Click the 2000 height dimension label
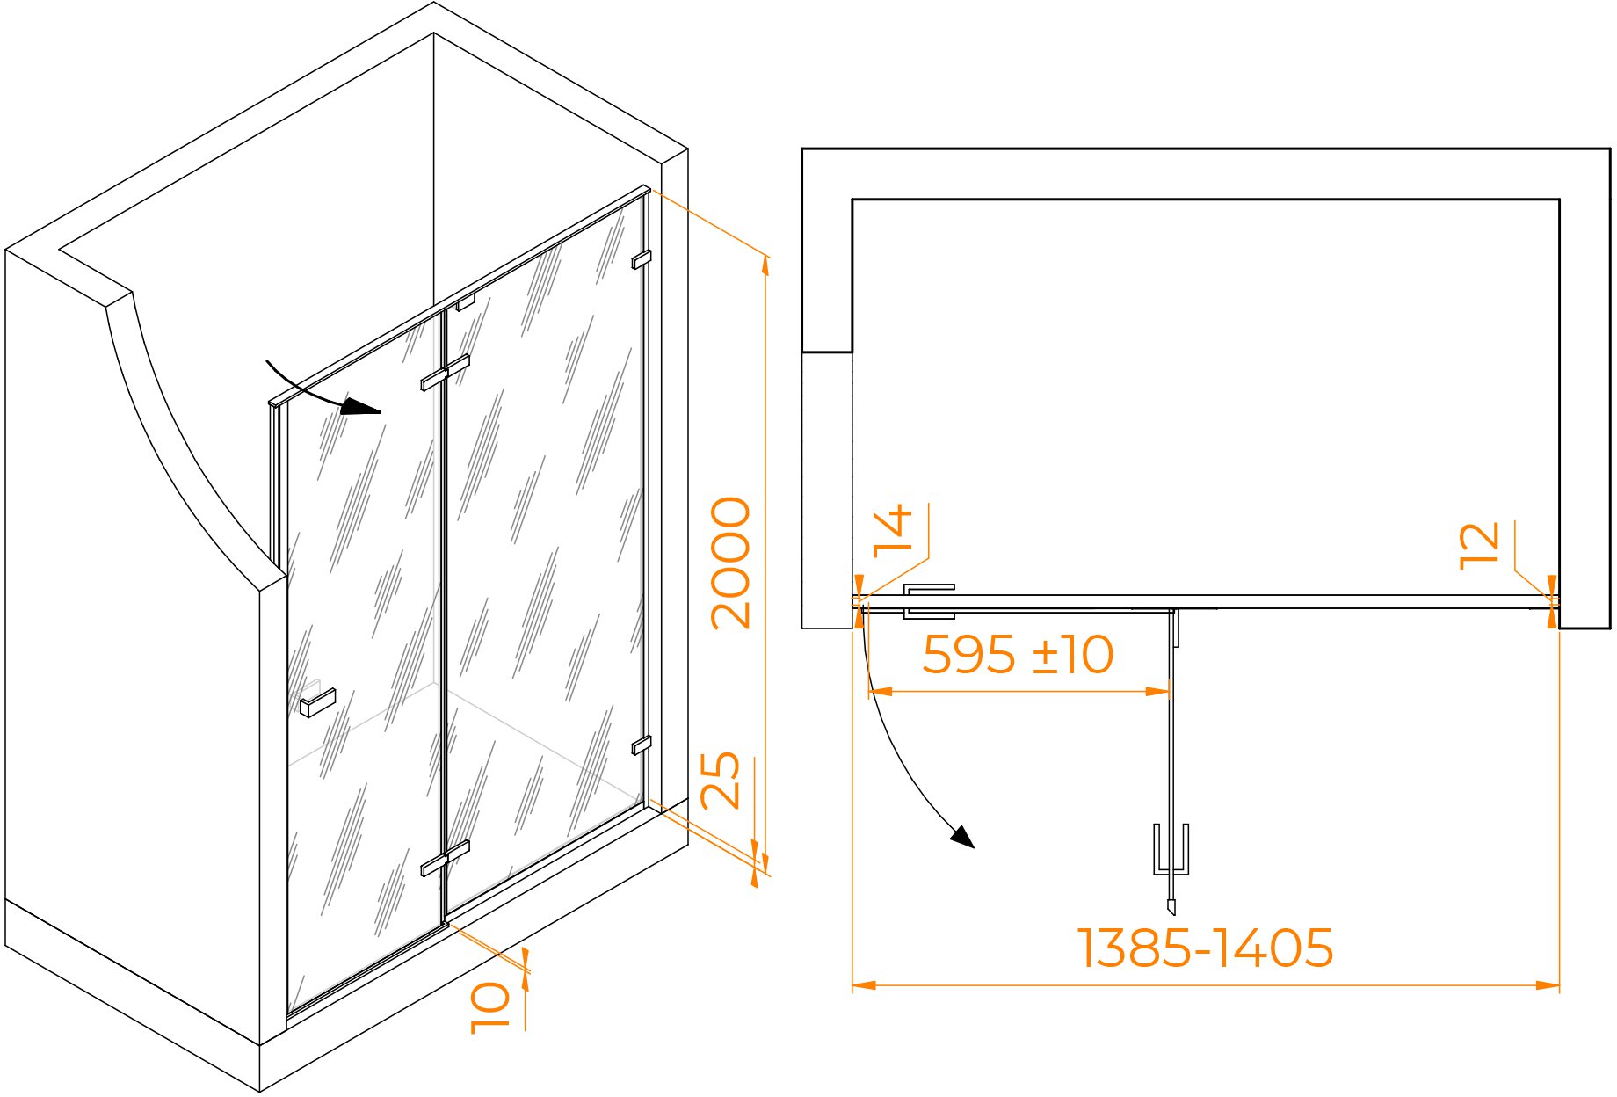731,563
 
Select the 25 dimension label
721,781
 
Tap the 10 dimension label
489,1007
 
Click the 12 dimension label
1479,547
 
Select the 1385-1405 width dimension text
1206,948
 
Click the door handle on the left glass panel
317,702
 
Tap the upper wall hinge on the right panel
642,259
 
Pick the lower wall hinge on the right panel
642,745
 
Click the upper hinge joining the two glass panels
445,373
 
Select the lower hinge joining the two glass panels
445,859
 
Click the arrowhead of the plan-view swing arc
963,837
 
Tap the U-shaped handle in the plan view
1171,850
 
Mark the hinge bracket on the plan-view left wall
929,601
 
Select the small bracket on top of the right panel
465,302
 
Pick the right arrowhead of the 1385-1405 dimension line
1548,985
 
